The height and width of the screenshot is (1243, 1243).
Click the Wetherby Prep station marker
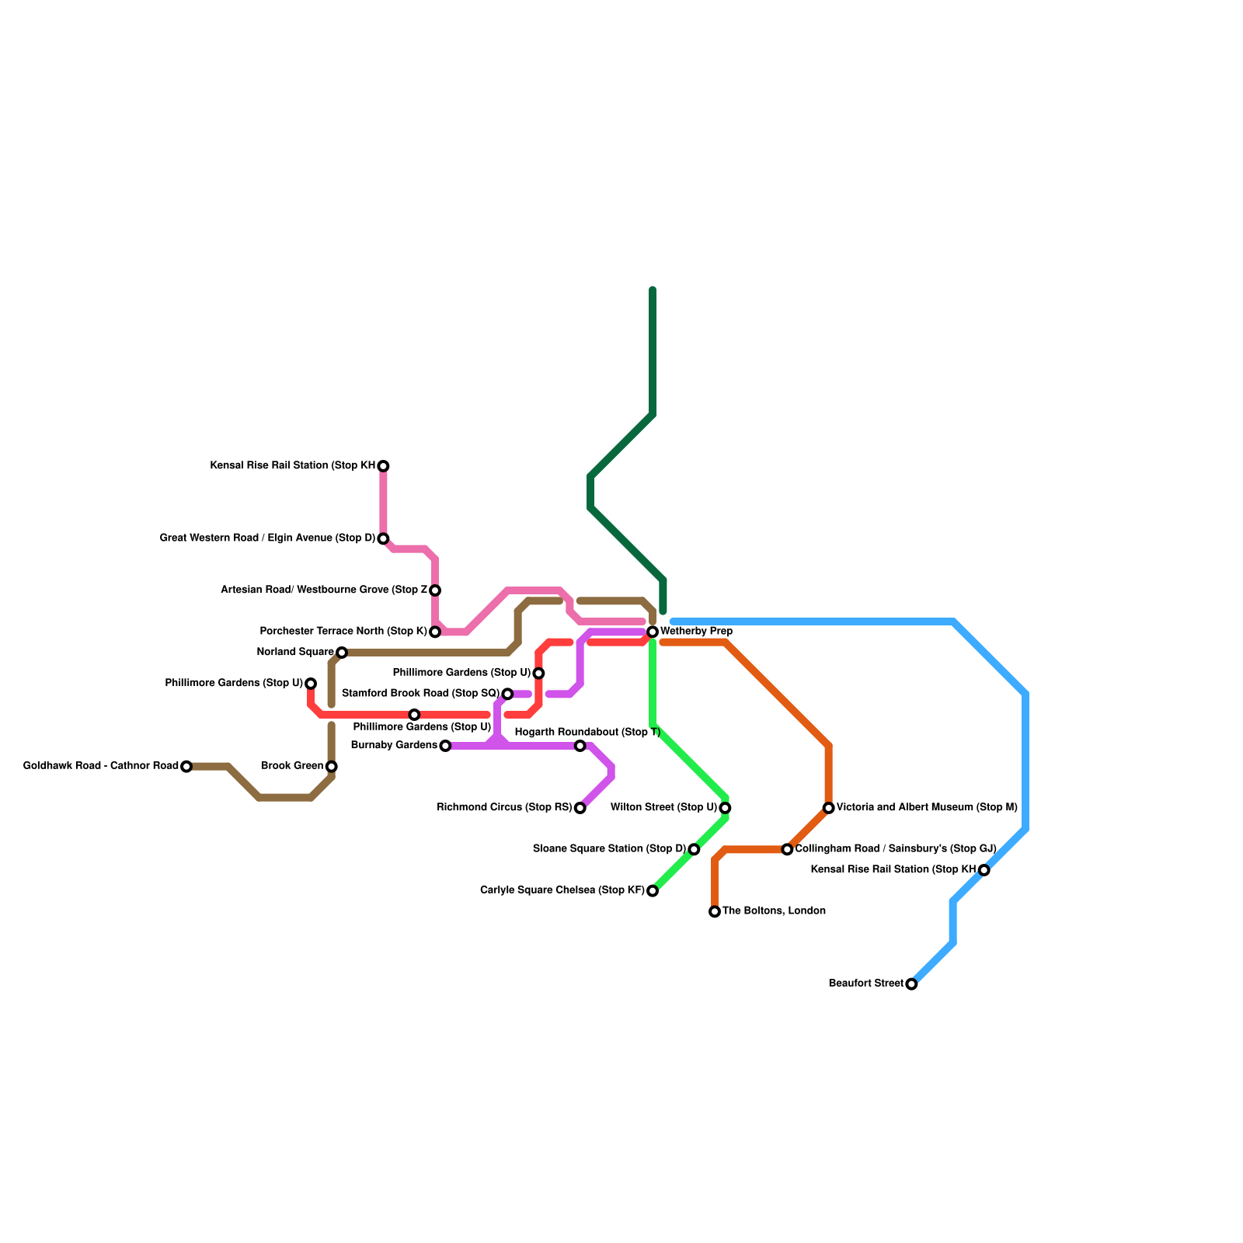coord(653,632)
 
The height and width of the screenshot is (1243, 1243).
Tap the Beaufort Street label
coord(865,984)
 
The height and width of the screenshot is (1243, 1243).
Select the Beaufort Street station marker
coord(911,984)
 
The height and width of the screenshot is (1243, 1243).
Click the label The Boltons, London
coord(774,910)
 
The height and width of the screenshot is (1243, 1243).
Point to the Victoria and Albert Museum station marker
coord(829,808)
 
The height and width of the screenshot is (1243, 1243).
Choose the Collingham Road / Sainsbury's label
coord(895,848)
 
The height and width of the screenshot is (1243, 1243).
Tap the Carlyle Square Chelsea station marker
coord(653,891)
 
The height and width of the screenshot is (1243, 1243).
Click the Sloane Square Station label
coord(609,848)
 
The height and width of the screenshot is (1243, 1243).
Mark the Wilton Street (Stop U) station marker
coord(725,808)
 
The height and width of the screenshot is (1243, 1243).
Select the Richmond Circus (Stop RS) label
coord(504,807)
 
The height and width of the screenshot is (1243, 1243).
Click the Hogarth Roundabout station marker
coord(580,746)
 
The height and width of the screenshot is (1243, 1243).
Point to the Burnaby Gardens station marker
coord(445,746)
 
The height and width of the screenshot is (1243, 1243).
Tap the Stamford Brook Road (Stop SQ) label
coord(420,693)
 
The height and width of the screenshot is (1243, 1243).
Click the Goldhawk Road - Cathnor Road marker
coord(186,767)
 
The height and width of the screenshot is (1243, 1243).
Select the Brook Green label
coord(292,766)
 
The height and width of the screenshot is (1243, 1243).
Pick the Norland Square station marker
coord(342,652)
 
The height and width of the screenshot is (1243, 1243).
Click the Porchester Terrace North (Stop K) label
coord(343,631)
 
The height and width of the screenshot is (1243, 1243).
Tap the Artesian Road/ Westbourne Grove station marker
coord(435,590)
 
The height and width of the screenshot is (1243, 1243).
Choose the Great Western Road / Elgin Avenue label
coord(268,538)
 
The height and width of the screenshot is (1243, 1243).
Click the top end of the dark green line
coord(653,290)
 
